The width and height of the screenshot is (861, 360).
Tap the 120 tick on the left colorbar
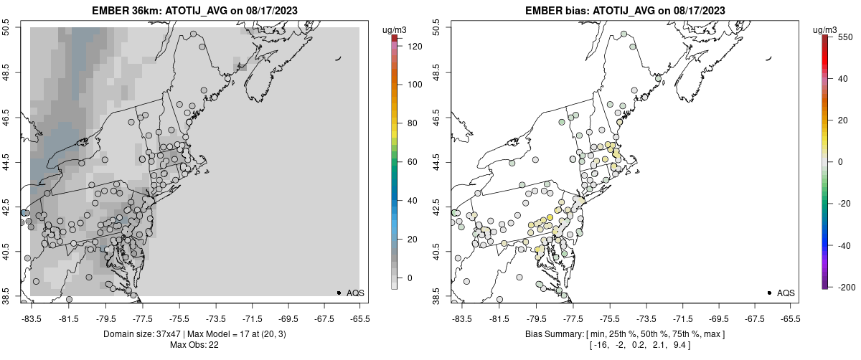[x=414, y=46]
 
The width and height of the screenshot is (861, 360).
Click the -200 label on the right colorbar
[x=844, y=287]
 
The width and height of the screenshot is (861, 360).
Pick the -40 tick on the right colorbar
[x=844, y=245]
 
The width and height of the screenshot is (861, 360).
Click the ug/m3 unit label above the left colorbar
[x=394, y=29]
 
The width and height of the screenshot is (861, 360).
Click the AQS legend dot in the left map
[x=339, y=293]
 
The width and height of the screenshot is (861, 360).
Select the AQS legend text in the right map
[x=786, y=293]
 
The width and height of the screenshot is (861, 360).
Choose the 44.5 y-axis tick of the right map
[x=437, y=162]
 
